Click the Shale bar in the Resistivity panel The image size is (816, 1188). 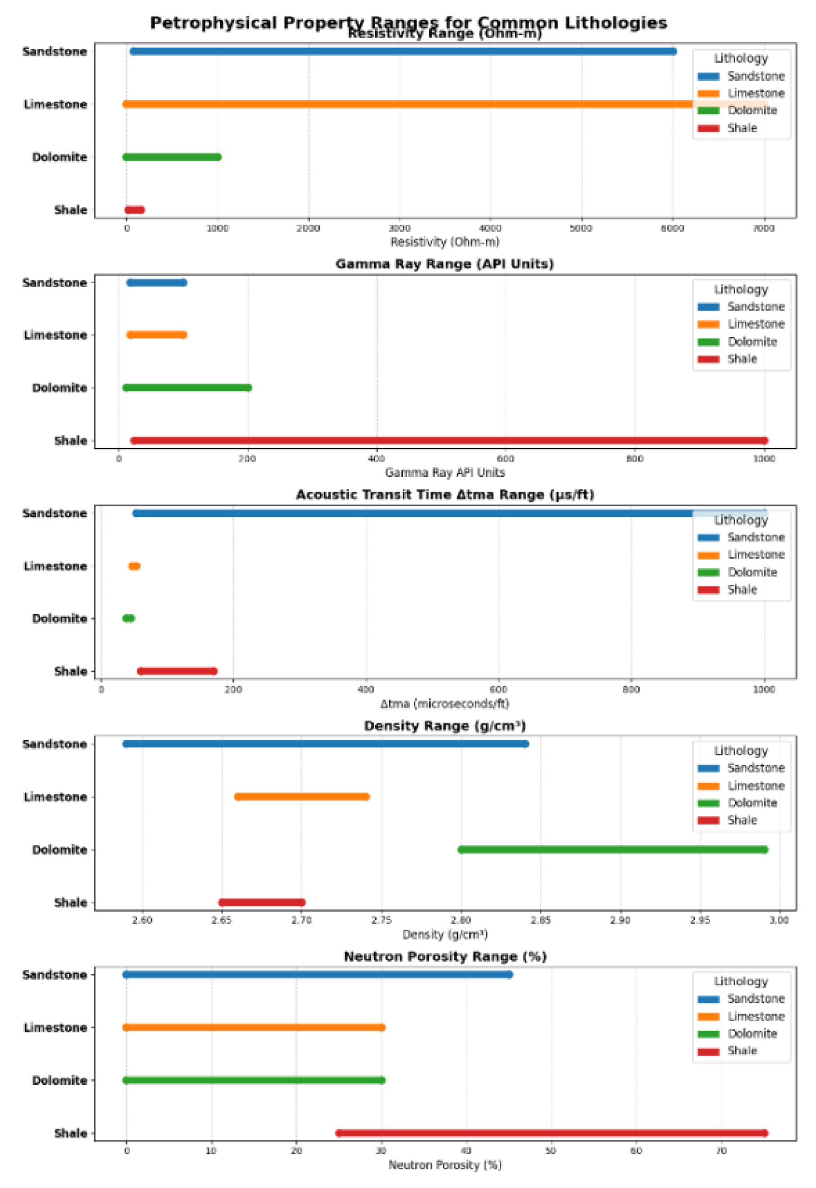(134, 209)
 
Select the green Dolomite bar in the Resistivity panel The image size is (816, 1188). (172, 157)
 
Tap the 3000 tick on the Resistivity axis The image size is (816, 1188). (399, 229)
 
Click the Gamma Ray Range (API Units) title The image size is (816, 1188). (444, 264)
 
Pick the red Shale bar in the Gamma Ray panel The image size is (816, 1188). (449, 441)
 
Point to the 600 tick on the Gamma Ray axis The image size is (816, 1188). (505, 459)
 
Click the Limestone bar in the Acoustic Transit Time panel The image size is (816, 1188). (134, 566)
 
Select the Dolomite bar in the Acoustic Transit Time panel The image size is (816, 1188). (128, 619)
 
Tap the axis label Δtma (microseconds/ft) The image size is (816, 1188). (444, 704)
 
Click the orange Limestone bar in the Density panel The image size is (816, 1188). (301, 797)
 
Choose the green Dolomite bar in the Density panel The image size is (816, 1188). (613, 849)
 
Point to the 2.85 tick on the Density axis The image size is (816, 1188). (540, 921)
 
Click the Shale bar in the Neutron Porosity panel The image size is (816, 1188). (551, 1133)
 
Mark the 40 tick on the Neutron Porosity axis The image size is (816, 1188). (466, 1151)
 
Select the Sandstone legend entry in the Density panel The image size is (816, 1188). (755, 768)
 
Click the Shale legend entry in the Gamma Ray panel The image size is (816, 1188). (741, 359)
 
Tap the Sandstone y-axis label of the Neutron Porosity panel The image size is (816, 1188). (55, 975)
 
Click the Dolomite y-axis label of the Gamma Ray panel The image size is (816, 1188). (59, 388)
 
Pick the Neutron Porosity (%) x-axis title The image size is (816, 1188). (444, 1166)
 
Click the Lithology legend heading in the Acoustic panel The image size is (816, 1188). (741, 520)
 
